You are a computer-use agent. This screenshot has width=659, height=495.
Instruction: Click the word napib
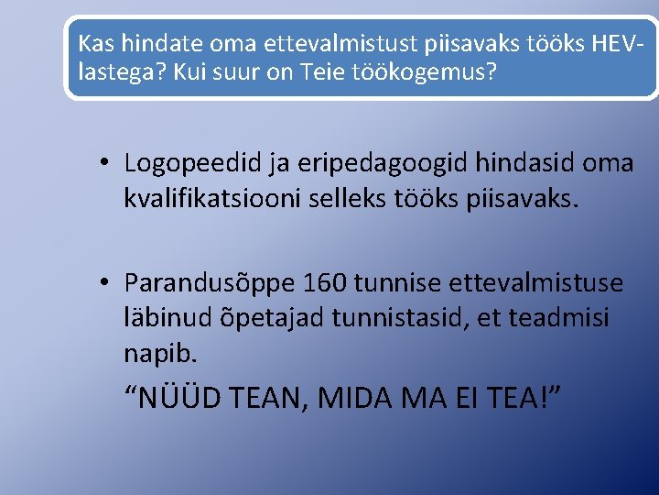coord(157,352)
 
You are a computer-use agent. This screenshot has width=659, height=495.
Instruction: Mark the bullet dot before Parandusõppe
coord(106,283)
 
